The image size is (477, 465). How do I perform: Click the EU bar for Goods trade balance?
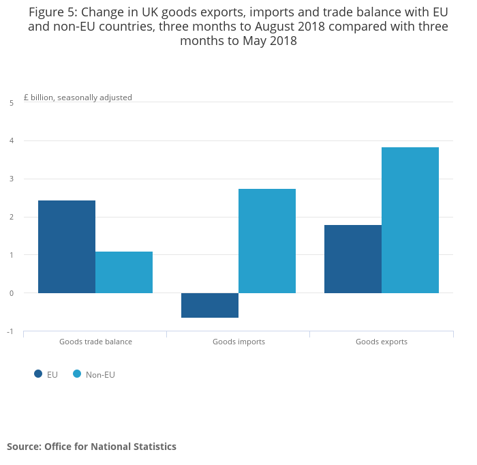(x=67, y=247)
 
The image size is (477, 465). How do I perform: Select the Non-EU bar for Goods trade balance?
(x=124, y=272)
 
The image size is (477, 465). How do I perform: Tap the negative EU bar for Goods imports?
(x=210, y=305)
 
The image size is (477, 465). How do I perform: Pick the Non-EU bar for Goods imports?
(x=267, y=241)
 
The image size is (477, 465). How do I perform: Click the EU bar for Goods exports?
(x=353, y=259)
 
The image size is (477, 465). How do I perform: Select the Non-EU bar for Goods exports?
(x=410, y=220)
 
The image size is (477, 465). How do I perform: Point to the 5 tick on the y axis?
(x=12, y=103)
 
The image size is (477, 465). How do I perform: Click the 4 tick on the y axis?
(x=12, y=141)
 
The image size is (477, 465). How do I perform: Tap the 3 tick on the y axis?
(x=12, y=179)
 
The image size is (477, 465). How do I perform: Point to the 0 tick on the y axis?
(x=12, y=293)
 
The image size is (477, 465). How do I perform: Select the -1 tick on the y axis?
(x=10, y=331)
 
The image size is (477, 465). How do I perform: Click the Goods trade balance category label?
(x=95, y=342)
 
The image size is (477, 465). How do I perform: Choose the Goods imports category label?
(x=238, y=342)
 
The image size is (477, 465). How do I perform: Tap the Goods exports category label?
(x=382, y=342)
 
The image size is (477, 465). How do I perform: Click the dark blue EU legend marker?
(x=38, y=374)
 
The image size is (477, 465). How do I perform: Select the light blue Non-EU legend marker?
(x=77, y=374)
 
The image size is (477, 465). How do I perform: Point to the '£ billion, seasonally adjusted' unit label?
(x=78, y=97)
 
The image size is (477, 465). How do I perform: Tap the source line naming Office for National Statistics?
(x=91, y=447)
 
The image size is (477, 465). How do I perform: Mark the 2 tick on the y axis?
(x=12, y=217)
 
